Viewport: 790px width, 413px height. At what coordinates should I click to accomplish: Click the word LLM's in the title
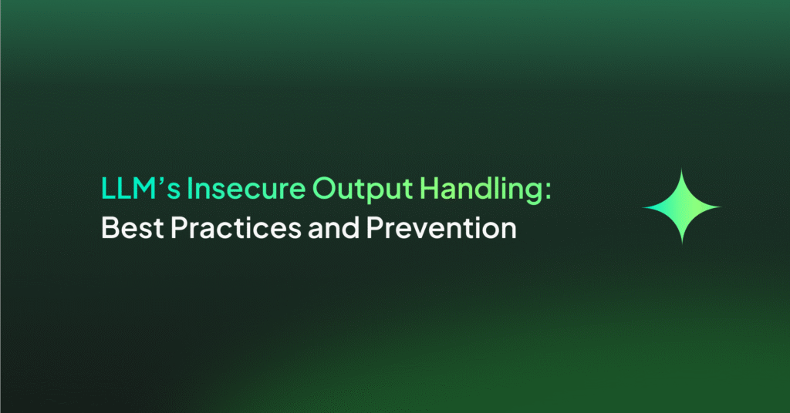click(x=140, y=188)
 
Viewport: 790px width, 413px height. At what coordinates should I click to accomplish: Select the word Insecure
click(x=246, y=188)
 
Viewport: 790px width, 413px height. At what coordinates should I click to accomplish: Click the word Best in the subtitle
click(x=133, y=227)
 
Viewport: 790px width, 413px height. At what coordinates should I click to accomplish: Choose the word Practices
click(x=236, y=227)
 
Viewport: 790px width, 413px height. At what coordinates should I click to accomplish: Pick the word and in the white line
click(x=333, y=227)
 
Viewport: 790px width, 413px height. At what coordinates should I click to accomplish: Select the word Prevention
click(x=441, y=227)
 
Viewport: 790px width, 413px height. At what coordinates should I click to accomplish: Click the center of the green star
click(x=682, y=206)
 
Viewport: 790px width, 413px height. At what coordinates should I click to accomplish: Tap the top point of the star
click(x=682, y=170)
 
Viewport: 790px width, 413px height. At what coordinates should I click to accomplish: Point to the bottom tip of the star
click(x=682, y=244)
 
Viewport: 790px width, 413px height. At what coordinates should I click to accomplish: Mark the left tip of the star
click(x=644, y=206)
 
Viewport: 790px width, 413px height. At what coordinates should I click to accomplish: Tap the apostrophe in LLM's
click(x=162, y=181)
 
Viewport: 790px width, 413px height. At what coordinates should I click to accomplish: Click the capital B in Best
click(x=111, y=228)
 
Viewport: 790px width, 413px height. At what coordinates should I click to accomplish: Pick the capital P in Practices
click(x=180, y=228)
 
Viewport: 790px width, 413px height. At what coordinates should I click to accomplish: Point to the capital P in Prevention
click(x=376, y=228)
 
